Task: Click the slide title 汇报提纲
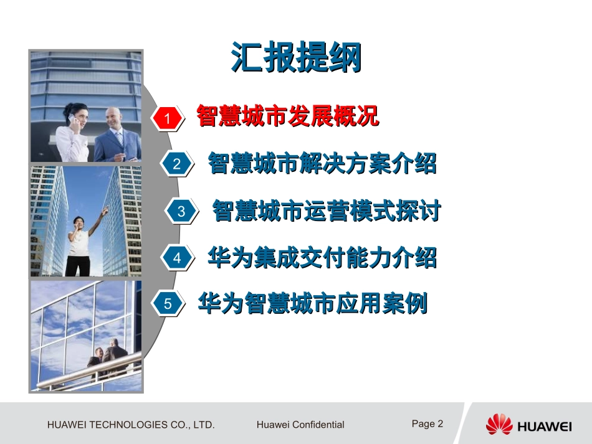(x=296, y=58)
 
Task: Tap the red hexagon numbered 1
(x=167, y=118)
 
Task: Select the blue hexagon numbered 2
(x=176, y=164)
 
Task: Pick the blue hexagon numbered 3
(x=181, y=211)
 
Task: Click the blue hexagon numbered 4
(x=177, y=258)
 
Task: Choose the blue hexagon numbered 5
(x=167, y=305)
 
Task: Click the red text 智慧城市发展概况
(x=287, y=116)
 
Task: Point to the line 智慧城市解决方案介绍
(x=322, y=163)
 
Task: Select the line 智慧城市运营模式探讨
(x=326, y=210)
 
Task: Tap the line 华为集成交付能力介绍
(x=322, y=257)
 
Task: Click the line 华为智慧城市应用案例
(x=313, y=304)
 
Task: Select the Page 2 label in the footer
(x=427, y=423)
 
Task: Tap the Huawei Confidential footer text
(x=300, y=425)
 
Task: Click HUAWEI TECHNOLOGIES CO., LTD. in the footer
(x=131, y=425)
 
